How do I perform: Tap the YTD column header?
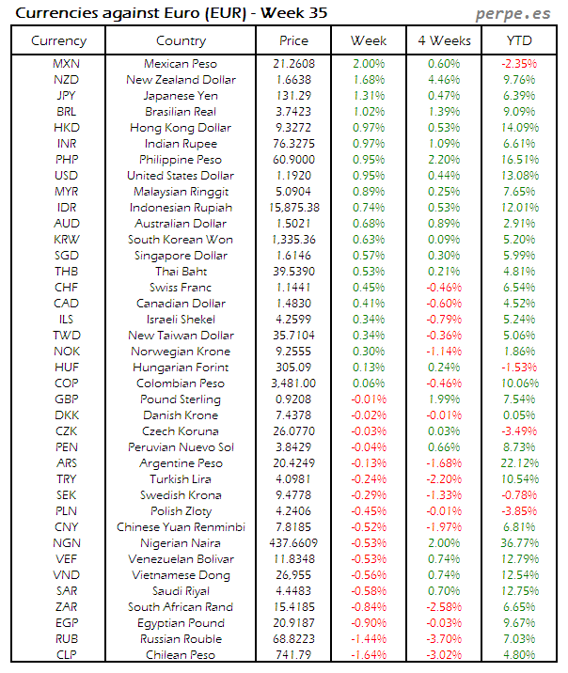pos(518,40)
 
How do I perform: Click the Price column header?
pos(293,40)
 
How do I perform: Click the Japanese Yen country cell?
pos(181,96)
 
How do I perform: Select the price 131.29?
pos(293,96)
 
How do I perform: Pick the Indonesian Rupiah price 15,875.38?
pos(293,208)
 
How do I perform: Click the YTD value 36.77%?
pos(518,543)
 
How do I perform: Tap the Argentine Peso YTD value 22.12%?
pos(518,463)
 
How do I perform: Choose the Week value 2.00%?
pos(368,64)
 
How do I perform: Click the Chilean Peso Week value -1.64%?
pos(368,655)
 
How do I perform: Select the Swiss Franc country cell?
pos(181,288)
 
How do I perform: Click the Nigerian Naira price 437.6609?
pos(293,543)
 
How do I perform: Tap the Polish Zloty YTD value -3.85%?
pos(518,511)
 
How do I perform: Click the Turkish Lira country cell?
pos(181,479)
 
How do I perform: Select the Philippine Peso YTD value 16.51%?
pos(518,160)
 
